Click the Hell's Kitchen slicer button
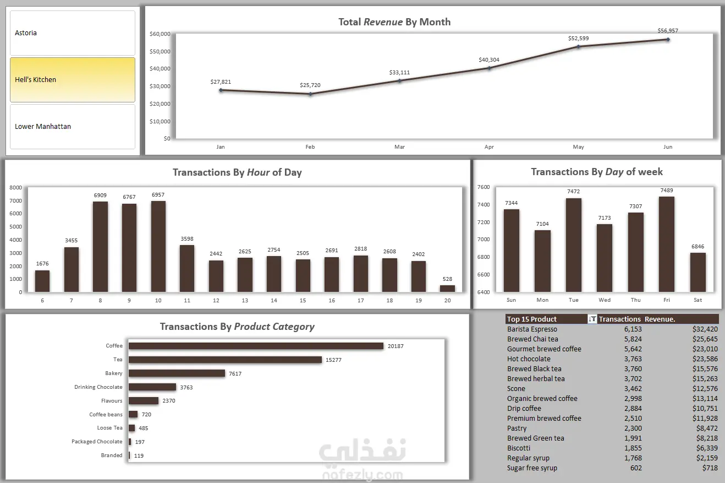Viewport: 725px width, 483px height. click(x=73, y=80)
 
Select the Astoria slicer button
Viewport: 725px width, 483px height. click(x=73, y=32)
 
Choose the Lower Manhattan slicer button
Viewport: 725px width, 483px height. click(x=73, y=126)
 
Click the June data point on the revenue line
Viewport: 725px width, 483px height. click(x=668, y=40)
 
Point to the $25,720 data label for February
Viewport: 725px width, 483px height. click(x=310, y=85)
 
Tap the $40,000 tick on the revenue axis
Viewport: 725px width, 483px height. click(x=160, y=69)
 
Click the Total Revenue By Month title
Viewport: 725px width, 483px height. click(x=394, y=21)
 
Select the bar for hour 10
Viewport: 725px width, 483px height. click(x=158, y=247)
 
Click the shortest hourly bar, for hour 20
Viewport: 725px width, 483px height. click(x=447, y=289)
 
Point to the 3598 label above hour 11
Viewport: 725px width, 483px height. click(x=187, y=239)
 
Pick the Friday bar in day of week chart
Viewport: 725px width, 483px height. click(x=667, y=244)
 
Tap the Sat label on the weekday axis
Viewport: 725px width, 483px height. click(x=698, y=300)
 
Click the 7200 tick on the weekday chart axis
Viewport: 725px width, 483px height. click(x=484, y=222)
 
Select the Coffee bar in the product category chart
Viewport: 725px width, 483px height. click(x=256, y=346)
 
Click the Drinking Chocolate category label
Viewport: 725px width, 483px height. click(x=98, y=387)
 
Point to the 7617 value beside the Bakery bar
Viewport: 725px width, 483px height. click(x=235, y=373)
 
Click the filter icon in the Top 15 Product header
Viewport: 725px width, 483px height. click(x=592, y=319)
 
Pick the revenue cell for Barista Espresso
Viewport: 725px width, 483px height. click(x=705, y=329)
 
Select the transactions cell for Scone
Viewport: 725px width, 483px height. click(x=633, y=389)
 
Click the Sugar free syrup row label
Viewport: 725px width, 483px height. click(x=532, y=468)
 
